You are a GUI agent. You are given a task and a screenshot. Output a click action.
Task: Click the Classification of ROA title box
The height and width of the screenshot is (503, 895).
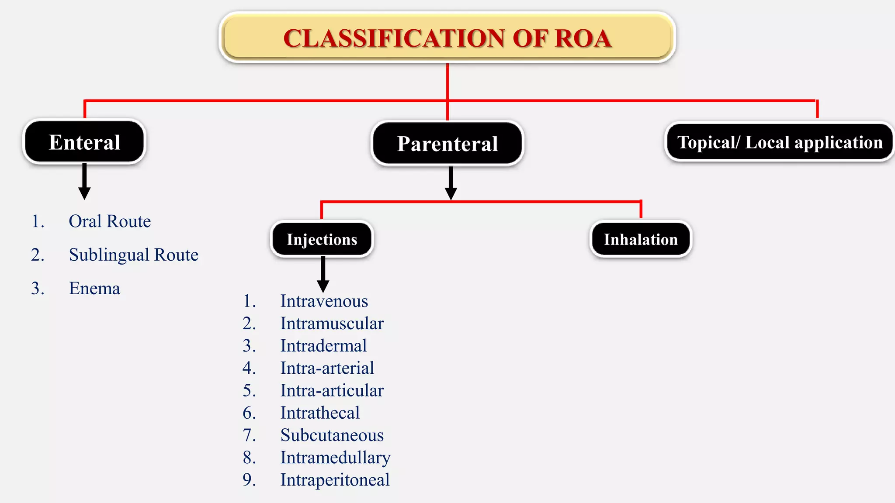click(x=447, y=38)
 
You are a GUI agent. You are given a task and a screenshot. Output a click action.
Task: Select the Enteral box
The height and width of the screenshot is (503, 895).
click(x=84, y=142)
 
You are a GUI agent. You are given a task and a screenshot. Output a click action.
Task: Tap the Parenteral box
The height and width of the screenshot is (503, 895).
click(x=447, y=144)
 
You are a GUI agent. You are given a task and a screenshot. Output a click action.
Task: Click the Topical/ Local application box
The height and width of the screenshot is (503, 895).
click(x=780, y=142)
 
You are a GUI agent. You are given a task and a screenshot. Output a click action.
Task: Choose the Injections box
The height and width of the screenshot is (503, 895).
click(x=322, y=239)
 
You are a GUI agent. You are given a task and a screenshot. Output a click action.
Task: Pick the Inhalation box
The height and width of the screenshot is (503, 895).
click(x=641, y=239)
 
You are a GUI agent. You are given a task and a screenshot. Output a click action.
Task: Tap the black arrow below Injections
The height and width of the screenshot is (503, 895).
click(x=323, y=275)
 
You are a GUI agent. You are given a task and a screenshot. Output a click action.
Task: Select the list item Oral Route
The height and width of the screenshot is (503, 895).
click(x=110, y=221)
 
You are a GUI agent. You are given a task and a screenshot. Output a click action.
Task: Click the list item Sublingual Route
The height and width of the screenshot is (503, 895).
click(x=133, y=255)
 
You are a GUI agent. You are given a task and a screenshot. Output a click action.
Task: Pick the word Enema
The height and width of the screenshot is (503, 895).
click(x=94, y=289)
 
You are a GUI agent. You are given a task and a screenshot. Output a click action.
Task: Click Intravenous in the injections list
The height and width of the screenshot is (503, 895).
click(x=324, y=301)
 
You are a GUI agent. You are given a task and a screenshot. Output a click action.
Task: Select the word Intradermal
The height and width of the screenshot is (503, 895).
click(x=323, y=346)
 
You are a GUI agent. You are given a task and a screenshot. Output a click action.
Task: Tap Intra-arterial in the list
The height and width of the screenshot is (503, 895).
click(x=327, y=368)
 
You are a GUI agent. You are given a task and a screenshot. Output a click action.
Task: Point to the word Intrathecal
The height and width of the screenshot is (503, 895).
click(x=320, y=413)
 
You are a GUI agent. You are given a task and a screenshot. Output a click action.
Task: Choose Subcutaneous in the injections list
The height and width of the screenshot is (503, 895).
click(x=332, y=435)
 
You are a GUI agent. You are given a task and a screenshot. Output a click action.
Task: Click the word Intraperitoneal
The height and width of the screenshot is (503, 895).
click(x=335, y=480)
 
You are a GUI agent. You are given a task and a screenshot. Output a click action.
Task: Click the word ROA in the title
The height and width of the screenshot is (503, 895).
click(x=583, y=38)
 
